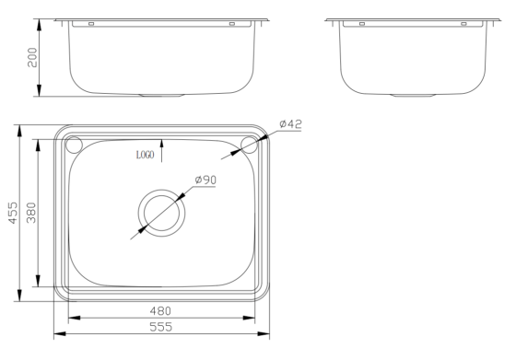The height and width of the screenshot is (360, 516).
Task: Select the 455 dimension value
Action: tap(10, 213)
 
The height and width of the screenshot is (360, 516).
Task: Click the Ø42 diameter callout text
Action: tap(290, 123)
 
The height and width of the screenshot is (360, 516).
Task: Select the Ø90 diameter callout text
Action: tap(205, 180)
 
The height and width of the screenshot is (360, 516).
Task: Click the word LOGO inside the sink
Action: tap(145, 156)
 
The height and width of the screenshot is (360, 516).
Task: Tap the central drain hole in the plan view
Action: tap(162, 212)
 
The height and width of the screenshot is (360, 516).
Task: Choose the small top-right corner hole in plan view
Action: tap(249, 144)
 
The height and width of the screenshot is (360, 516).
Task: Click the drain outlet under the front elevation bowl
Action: tap(162, 94)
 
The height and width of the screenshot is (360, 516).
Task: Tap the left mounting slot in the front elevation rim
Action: tap(91, 24)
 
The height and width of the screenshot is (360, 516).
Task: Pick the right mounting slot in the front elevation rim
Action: tap(233, 24)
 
